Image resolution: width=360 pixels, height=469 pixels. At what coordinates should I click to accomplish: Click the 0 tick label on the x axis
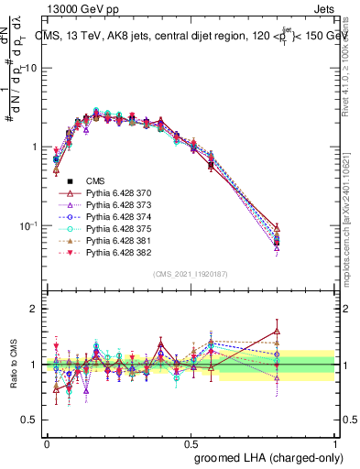click(47, 442)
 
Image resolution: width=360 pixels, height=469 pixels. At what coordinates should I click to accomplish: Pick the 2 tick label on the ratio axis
click(34, 309)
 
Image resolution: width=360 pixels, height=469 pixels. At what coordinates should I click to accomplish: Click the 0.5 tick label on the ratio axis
click(30, 420)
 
